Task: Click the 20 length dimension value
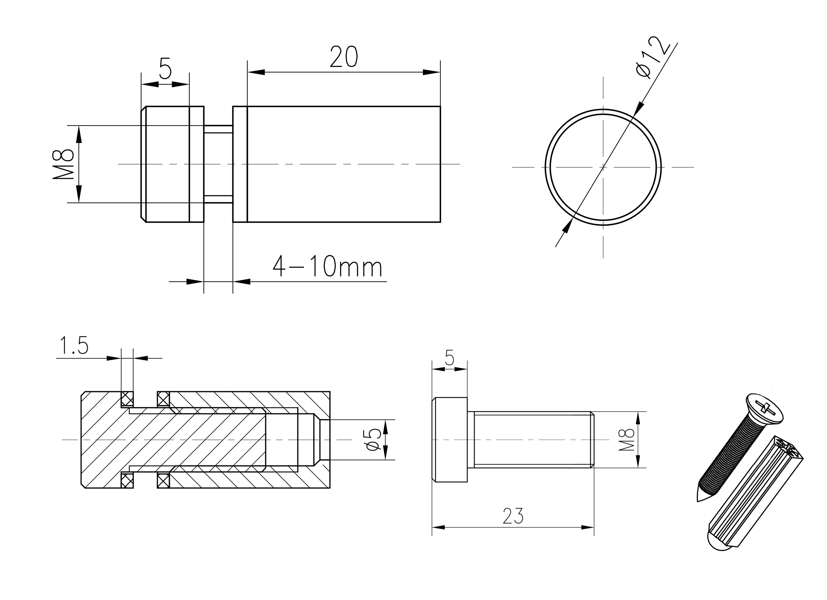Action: [x=343, y=56]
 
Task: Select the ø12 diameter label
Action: [x=653, y=57]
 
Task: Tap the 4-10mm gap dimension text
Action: [x=327, y=267]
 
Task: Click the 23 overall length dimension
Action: [x=513, y=516]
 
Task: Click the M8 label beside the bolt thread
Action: [x=626, y=440]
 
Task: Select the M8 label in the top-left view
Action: [x=63, y=164]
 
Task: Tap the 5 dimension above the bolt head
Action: [x=450, y=357]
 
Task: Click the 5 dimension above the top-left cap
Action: [x=165, y=68]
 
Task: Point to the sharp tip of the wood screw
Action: [x=698, y=501]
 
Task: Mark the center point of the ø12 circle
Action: [x=603, y=167]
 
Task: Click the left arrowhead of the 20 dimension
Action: [x=256, y=72]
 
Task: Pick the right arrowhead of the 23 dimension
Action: [x=587, y=528]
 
